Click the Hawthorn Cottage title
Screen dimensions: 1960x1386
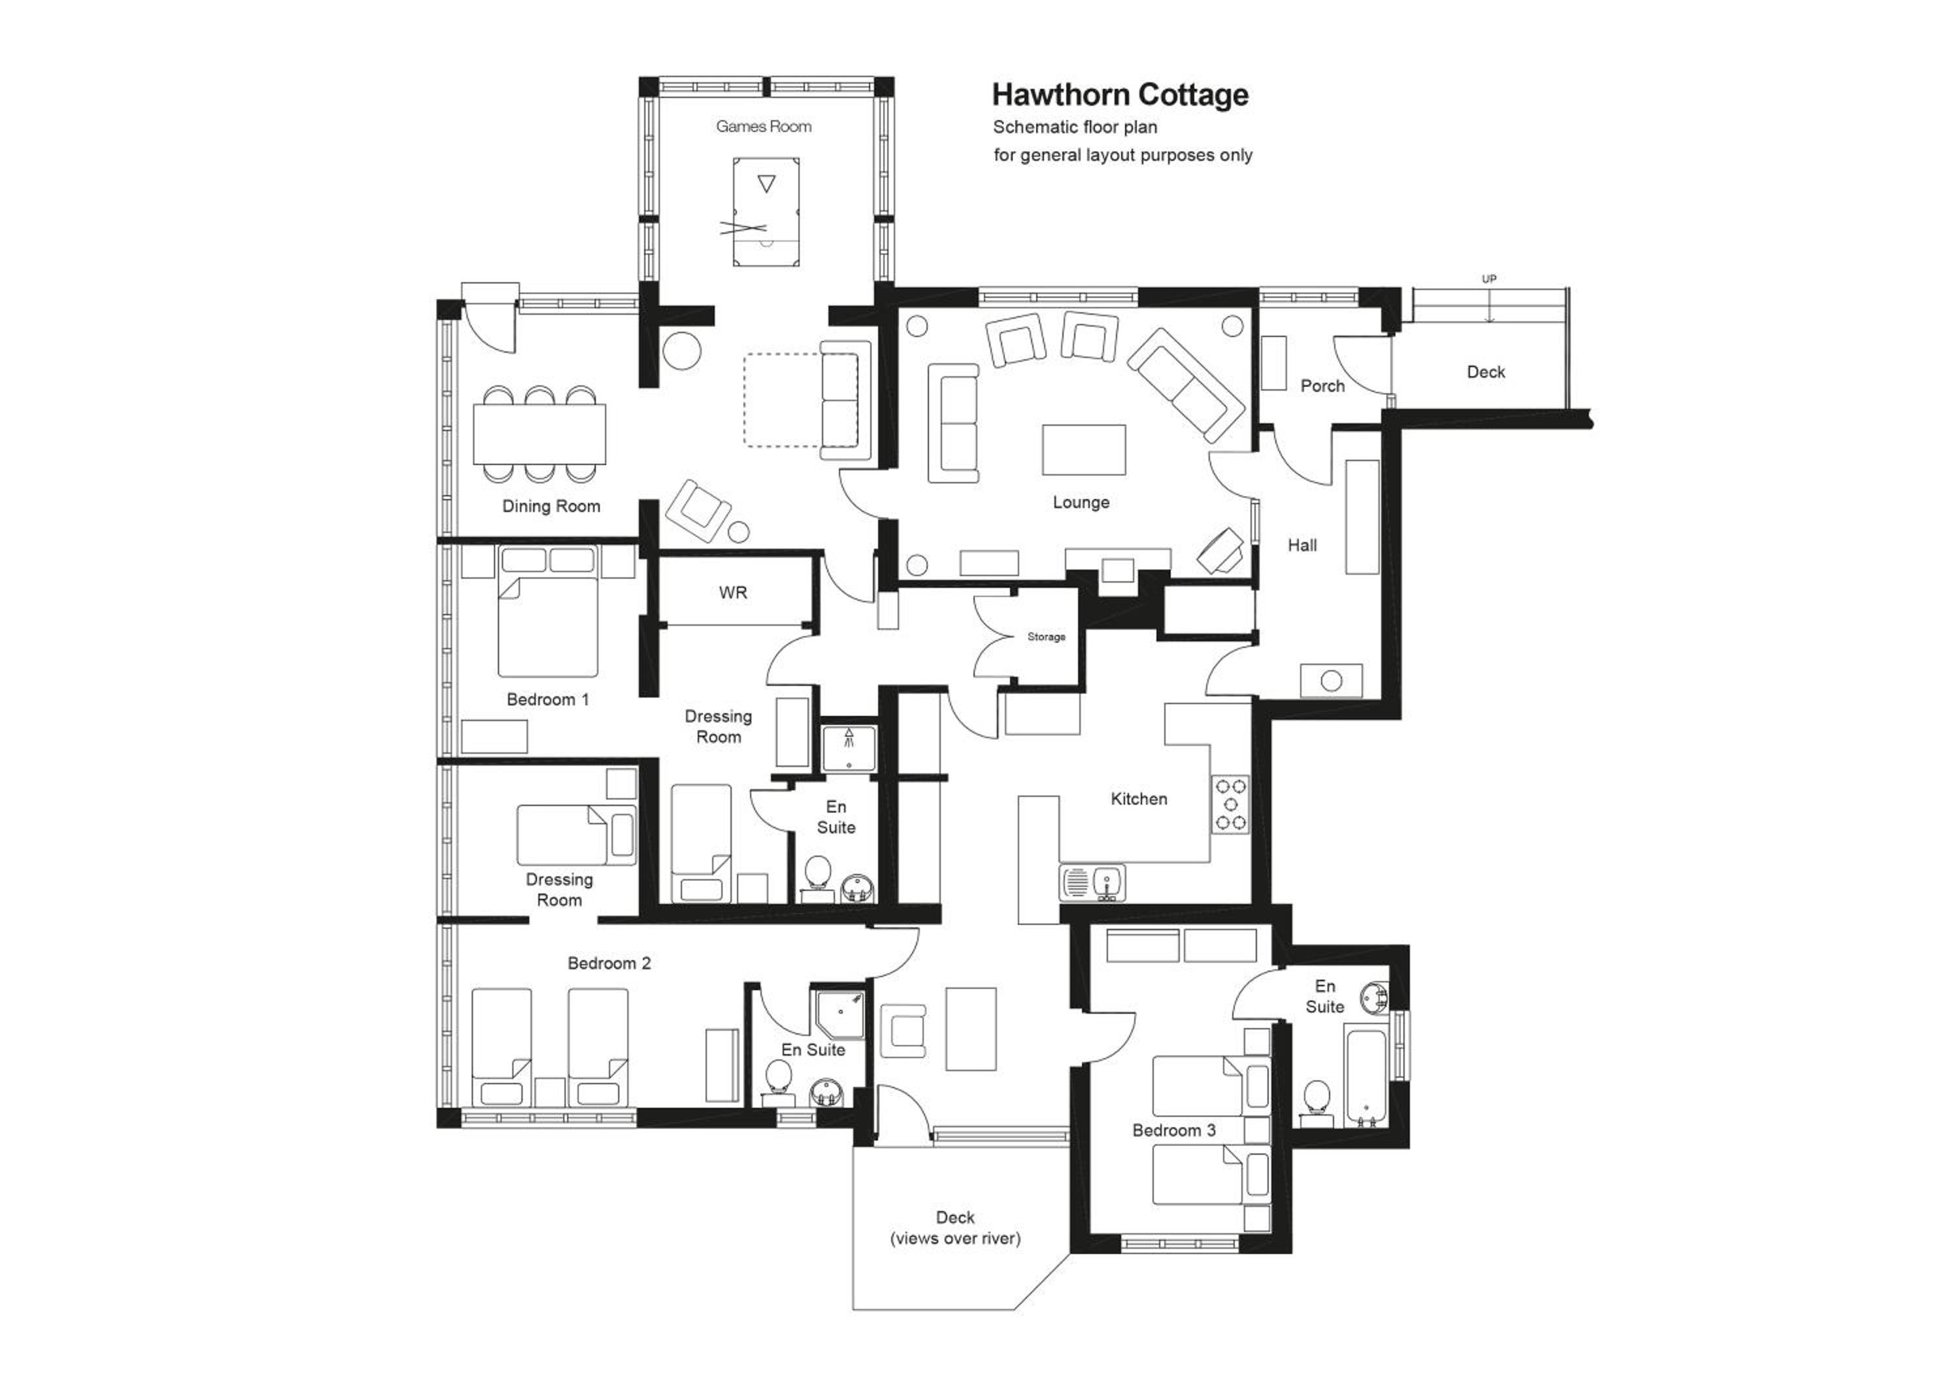pyautogui.click(x=1120, y=95)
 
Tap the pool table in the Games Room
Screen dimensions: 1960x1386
pyautogui.click(x=766, y=211)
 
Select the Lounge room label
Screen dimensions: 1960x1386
pyautogui.click(x=1081, y=503)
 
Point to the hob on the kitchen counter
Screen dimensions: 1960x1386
pyautogui.click(x=1231, y=805)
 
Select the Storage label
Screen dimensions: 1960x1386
pyautogui.click(x=1047, y=637)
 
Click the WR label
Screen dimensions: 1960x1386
pyautogui.click(x=733, y=592)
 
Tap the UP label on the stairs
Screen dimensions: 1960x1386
pyautogui.click(x=1489, y=279)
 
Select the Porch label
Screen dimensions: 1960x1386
pyautogui.click(x=1322, y=386)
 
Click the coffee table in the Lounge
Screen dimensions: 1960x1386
pyautogui.click(x=1083, y=450)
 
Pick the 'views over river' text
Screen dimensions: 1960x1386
pyautogui.click(x=955, y=1238)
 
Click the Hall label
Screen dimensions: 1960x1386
pyautogui.click(x=1303, y=545)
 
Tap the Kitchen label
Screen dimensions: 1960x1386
pyautogui.click(x=1139, y=799)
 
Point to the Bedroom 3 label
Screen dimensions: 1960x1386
pyautogui.click(x=1174, y=1131)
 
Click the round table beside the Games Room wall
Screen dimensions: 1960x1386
pyautogui.click(x=682, y=350)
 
